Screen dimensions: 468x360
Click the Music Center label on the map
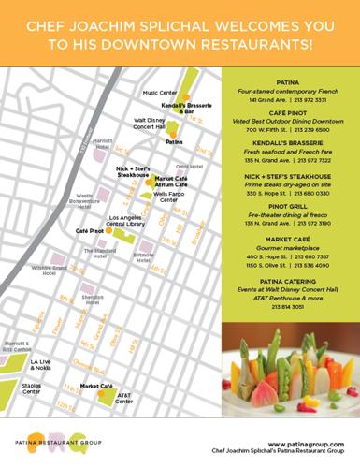[x=160, y=94]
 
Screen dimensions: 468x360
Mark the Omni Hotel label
[x=201, y=157]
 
